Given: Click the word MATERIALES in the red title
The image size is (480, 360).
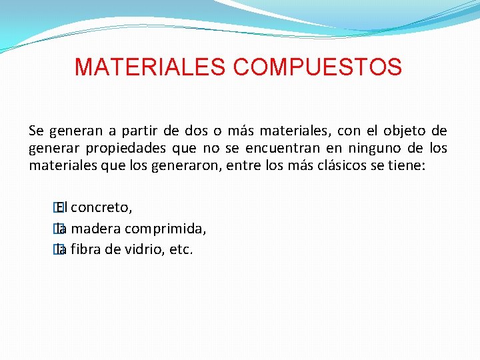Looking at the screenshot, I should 151,67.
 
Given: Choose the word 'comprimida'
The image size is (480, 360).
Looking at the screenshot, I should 165,229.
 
